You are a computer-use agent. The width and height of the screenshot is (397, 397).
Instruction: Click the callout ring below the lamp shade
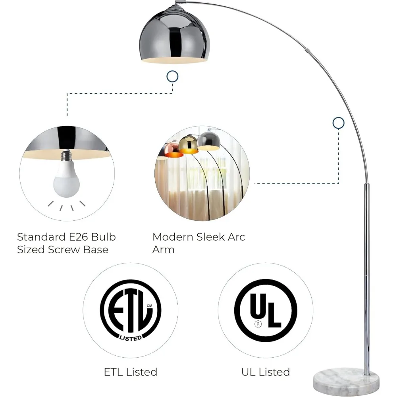172,77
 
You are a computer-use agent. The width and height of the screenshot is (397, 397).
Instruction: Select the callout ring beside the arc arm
339,123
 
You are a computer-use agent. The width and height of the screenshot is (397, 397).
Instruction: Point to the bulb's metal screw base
66,155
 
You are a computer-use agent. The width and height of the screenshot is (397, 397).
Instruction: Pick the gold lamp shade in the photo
189,145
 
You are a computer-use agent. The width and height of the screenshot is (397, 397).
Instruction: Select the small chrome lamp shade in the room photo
209,141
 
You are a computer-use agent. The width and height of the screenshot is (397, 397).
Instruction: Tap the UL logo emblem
266,310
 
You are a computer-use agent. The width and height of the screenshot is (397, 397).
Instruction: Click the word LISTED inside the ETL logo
131,338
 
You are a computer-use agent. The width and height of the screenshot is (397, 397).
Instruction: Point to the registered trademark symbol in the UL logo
258,324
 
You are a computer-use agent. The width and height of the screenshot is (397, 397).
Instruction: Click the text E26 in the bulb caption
79,237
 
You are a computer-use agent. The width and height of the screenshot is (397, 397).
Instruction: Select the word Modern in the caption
173,237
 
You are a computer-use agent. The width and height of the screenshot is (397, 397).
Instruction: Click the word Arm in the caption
163,250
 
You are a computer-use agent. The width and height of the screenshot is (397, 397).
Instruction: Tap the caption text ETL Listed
131,372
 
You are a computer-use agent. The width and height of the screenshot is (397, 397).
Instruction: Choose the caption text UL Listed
266,372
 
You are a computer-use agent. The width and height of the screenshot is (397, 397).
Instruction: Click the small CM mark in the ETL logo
149,306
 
